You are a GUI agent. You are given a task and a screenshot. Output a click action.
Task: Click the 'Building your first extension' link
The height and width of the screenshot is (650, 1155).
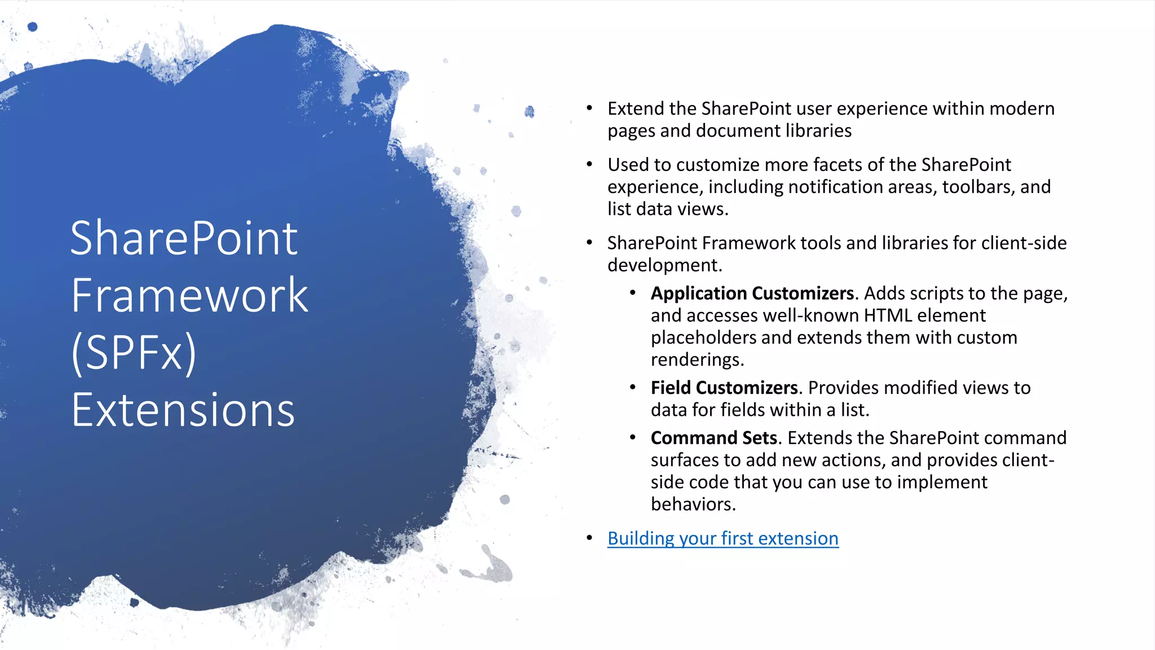[722, 538]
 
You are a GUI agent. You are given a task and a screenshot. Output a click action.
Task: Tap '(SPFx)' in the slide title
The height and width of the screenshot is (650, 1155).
[134, 353]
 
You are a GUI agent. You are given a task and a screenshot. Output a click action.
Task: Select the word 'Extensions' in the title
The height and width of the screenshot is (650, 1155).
[183, 410]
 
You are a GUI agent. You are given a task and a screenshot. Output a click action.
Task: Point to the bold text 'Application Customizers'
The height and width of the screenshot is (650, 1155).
[752, 293]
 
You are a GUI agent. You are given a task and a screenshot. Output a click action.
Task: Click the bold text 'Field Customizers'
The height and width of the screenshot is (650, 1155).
[724, 388]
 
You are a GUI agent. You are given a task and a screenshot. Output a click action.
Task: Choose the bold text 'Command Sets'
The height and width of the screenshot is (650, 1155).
[713, 438]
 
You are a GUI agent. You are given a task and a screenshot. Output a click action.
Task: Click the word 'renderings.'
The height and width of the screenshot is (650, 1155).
[697, 359]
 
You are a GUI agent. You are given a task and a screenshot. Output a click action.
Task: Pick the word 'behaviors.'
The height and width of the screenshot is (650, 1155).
[693, 504]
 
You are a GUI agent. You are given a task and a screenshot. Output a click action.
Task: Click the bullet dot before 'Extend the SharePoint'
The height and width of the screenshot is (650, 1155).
[589, 108]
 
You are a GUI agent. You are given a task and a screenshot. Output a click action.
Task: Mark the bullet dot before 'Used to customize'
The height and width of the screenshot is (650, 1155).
[589, 164]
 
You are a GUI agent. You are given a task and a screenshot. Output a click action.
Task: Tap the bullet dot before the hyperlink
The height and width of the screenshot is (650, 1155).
[589, 538]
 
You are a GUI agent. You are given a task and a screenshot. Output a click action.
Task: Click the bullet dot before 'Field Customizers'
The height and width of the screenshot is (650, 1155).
[633, 387]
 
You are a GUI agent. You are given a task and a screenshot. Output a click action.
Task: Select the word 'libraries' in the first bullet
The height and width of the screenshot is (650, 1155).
[818, 131]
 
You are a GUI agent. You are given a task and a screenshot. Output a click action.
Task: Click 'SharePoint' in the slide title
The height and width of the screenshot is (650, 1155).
[184, 238]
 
